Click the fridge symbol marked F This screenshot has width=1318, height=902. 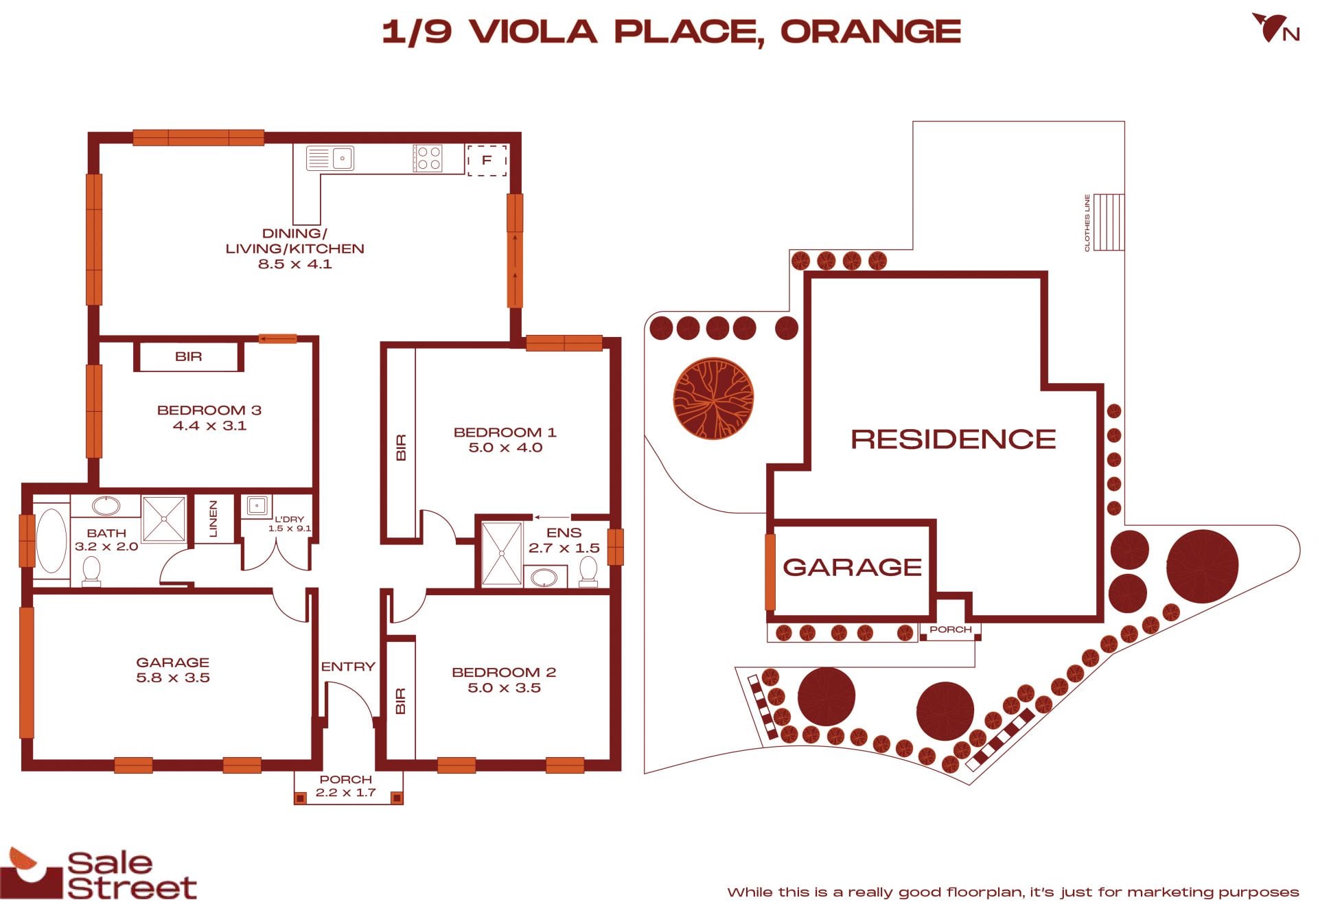pyautogui.click(x=487, y=160)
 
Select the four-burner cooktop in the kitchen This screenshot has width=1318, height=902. pyautogui.click(x=428, y=158)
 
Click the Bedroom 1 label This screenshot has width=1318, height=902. pyautogui.click(x=505, y=432)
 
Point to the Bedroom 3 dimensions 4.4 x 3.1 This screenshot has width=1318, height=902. pyautogui.click(x=209, y=426)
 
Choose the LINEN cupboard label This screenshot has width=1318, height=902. pyautogui.click(x=213, y=519)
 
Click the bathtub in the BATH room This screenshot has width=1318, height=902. pyautogui.click(x=51, y=540)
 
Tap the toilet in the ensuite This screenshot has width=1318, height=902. pyautogui.click(x=588, y=571)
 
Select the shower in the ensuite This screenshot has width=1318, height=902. pyautogui.click(x=502, y=554)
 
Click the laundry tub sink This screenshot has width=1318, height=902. pyautogui.click(x=256, y=506)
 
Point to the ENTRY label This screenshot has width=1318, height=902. pyautogui.click(x=348, y=667)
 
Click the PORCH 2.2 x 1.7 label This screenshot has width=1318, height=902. pyautogui.click(x=346, y=786)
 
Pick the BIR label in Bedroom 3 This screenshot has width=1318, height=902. pyautogui.click(x=188, y=356)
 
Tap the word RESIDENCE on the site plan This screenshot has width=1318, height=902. pyautogui.click(x=953, y=439)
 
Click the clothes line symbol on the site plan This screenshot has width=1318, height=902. pyautogui.click(x=1108, y=222)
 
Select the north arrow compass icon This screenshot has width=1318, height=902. pyautogui.click(x=1275, y=28)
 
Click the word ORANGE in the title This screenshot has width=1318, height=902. pyautogui.click(x=870, y=32)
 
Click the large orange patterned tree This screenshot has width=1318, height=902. pyautogui.click(x=713, y=398)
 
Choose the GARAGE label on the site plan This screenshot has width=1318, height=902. pyautogui.click(x=853, y=567)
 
